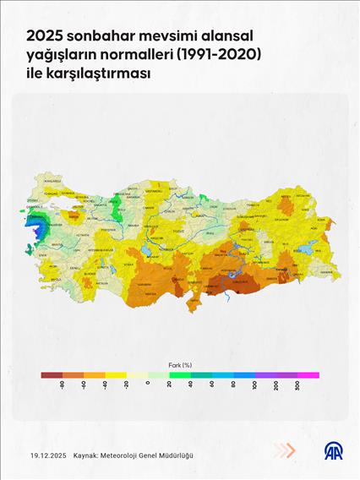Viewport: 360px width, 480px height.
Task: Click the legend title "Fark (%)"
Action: pos(179,364)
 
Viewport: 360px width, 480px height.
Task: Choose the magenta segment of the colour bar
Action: pos(308,374)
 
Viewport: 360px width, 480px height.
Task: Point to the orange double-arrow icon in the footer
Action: pos(286,450)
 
